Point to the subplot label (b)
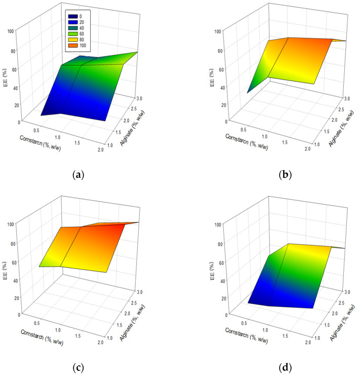coord(286,175)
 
